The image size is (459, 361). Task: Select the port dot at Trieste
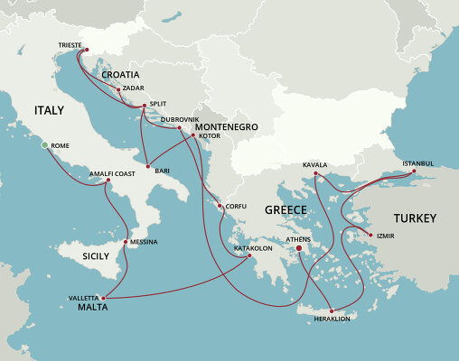(x=87, y=50)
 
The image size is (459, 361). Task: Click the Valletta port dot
(x=105, y=298)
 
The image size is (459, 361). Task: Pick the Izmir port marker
(x=371, y=236)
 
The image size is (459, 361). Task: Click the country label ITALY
(x=50, y=109)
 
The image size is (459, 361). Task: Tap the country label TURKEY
(x=415, y=218)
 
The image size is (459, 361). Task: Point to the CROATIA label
(x=120, y=74)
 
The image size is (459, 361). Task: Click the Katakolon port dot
(x=249, y=256)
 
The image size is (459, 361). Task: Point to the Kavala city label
(x=314, y=165)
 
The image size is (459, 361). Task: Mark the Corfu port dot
(x=220, y=206)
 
